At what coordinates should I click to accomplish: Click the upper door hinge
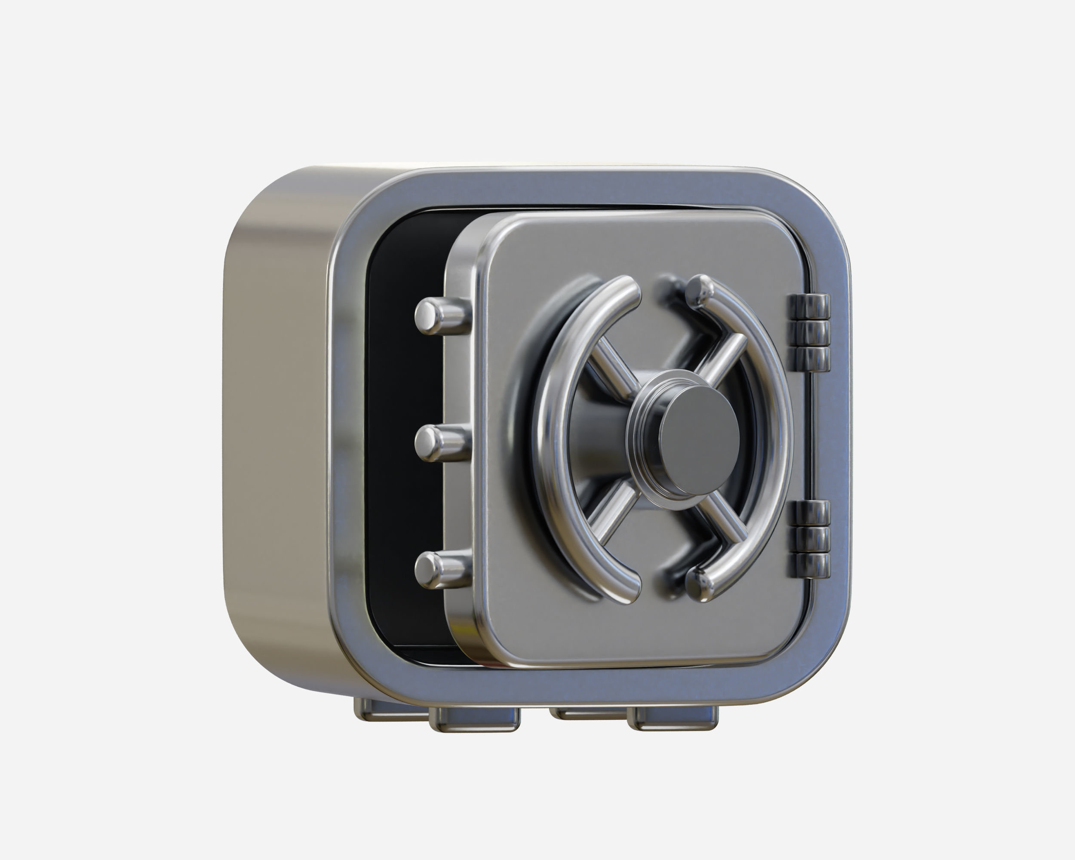(809, 332)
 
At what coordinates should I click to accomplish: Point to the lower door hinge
(809, 539)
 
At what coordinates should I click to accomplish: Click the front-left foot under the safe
(474, 719)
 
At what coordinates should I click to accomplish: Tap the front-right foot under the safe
(673, 719)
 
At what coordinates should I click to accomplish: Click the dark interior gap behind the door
(404, 399)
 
